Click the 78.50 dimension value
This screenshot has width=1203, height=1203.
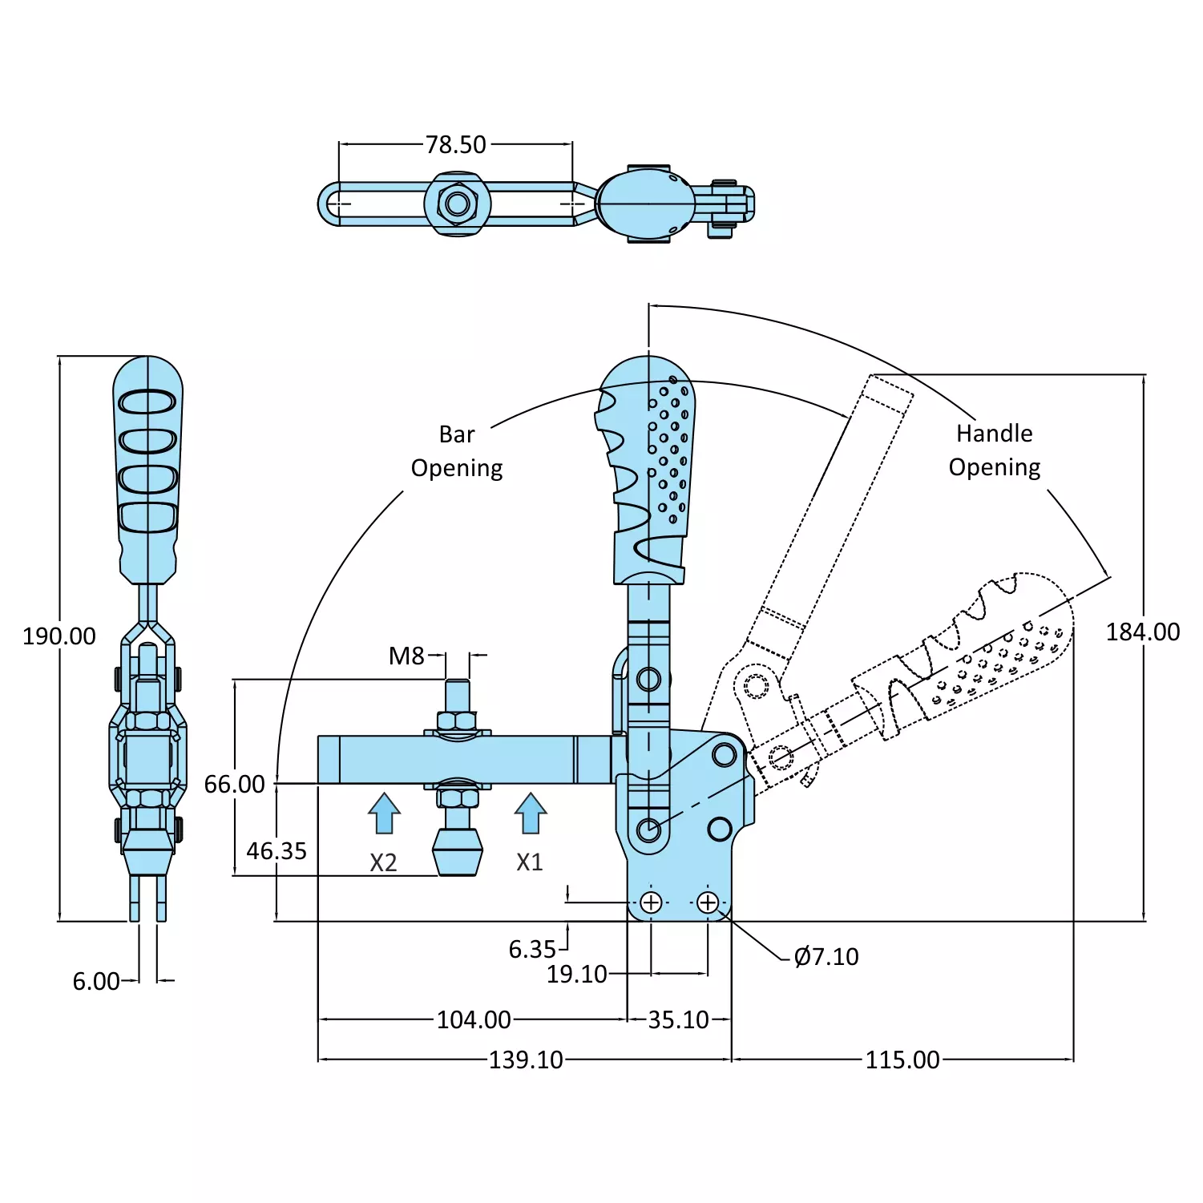455,145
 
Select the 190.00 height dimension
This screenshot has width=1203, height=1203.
59,636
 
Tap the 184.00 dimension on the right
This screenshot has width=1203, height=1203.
1142,632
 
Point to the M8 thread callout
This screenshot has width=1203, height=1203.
406,656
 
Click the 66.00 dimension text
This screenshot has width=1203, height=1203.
234,784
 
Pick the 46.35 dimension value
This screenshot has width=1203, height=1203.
277,851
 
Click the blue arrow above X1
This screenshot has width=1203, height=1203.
530,813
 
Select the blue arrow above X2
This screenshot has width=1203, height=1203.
384,813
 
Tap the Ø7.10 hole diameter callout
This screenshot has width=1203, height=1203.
826,957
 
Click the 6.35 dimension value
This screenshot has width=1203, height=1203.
532,950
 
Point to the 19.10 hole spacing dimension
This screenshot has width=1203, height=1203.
576,975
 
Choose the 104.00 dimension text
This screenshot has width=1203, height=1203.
474,1020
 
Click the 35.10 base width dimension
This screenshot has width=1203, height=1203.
678,1020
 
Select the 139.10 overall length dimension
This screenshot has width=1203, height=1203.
526,1060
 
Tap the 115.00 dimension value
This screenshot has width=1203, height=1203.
902,1060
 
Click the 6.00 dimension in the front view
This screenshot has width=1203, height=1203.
96,982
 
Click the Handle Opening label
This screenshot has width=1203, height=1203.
995,450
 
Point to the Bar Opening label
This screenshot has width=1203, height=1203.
457,451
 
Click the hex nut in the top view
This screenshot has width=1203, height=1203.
458,204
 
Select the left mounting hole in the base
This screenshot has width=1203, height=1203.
651,902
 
